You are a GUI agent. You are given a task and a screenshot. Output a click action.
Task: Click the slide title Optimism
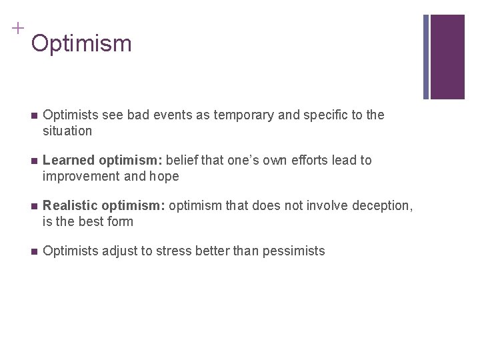[x=81, y=44]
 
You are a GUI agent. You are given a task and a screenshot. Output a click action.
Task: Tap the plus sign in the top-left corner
[x=17, y=28]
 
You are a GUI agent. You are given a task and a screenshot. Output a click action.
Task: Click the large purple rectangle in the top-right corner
[x=447, y=57]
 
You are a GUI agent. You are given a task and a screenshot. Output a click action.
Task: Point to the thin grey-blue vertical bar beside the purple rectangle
[x=426, y=57]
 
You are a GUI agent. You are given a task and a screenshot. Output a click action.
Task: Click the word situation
[x=67, y=131]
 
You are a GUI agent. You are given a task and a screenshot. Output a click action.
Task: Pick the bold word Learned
[x=67, y=161]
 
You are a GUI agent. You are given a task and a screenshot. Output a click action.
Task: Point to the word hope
[x=165, y=177]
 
